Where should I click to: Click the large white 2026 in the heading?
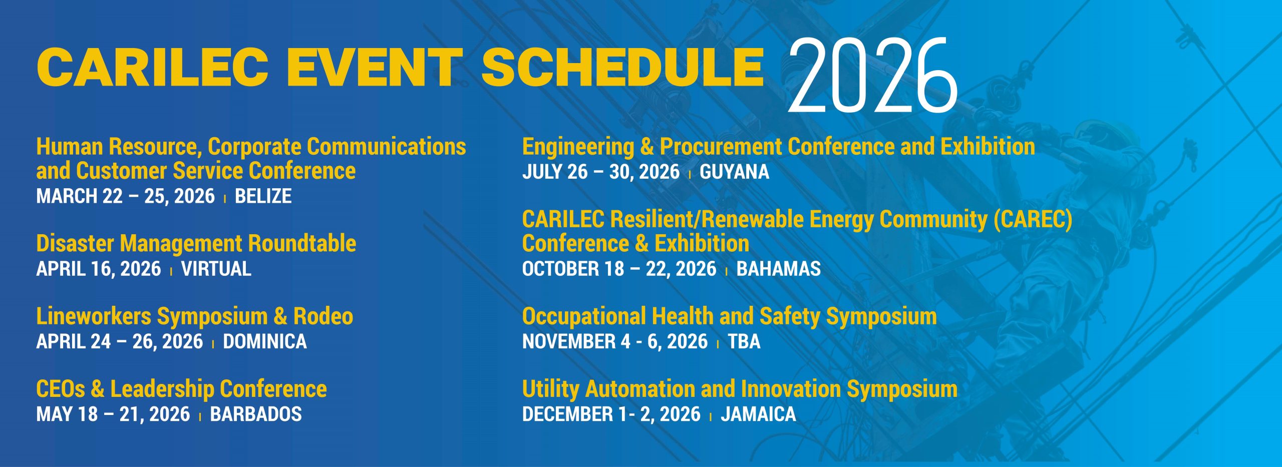click(x=872, y=76)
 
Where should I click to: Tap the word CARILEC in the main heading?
click(x=152, y=67)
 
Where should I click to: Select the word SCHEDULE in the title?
click(x=623, y=67)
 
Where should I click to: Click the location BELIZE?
click(x=263, y=196)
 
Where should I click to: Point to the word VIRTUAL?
click(x=216, y=269)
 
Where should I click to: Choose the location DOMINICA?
click(x=265, y=341)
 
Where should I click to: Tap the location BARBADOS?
click(x=256, y=414)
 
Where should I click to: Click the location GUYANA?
click(x=734, y=172)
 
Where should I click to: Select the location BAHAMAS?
click(x=779, y=269)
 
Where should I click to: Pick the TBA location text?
click(x=744, y=341)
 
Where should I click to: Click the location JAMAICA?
click(x=758, y=414)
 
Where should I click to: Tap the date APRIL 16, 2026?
click(x=99, y=269)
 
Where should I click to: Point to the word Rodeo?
click(x=323, y=316)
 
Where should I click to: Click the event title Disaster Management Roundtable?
click(x=196, y=244)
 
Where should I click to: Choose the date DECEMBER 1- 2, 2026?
click(x=611, y=414)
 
